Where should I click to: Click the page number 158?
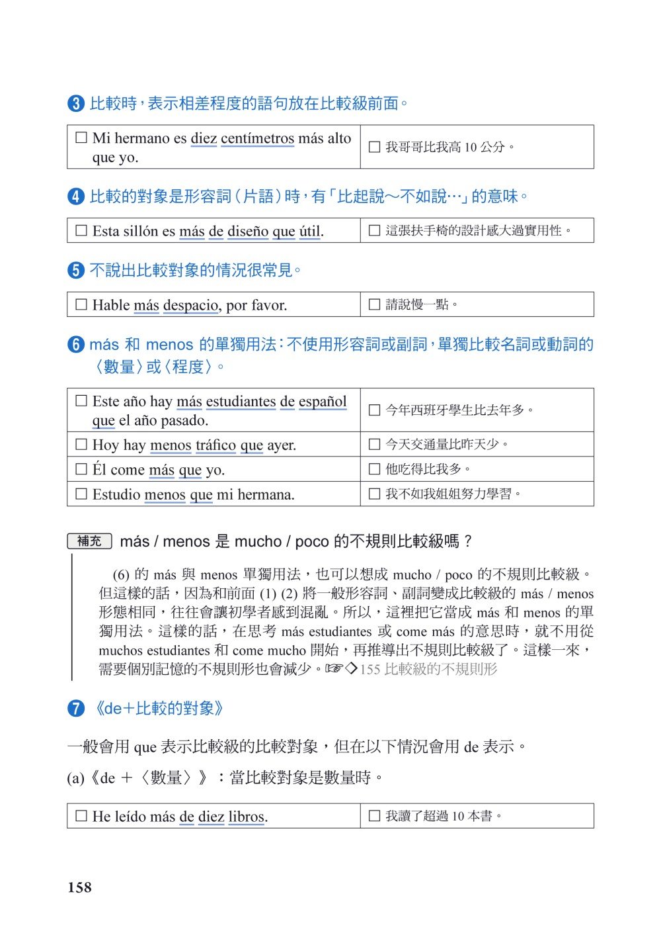(x=79, y=887)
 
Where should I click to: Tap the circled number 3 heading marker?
(x=76, y=104)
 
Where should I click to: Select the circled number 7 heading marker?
(x=76, y=709)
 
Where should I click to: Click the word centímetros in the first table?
(x=257, y=138)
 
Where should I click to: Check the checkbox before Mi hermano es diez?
(x=81, y=138)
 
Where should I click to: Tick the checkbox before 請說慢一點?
(x=374, y=304)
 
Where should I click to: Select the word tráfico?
(x=215, y=445)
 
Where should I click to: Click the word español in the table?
(x=323, y=402)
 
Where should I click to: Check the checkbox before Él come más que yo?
(x=81, y=469)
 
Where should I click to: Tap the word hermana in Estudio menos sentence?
(x=265, y=494)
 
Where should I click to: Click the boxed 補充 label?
(x=89, y=541)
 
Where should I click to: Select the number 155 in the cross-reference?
(x=369, y=669)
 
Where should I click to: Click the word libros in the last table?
(x=246, y=817)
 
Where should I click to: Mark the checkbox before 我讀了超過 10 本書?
(x=374, y=816)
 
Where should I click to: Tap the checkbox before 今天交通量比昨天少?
(x=374, y=444)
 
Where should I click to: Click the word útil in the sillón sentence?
(x=310, y=231)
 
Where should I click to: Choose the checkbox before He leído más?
(x=81, y=816)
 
